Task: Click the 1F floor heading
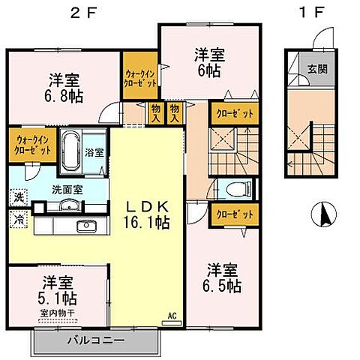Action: [x=309, y=13]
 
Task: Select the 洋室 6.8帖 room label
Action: [x=56, y=88]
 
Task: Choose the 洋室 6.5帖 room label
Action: [x=223, y=277]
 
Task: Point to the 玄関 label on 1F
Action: [x=316, y=68]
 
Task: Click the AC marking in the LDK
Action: [x=171, y=316]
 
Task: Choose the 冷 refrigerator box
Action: [x=16, y=220]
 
